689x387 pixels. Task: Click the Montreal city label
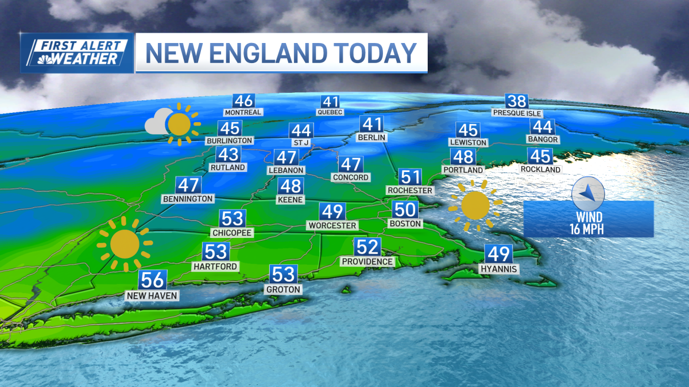[243, 112]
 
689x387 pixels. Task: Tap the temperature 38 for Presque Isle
[517, 101]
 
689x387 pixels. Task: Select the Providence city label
[367, 261]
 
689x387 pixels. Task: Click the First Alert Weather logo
[77, 53]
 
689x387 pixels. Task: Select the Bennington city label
[188, 198]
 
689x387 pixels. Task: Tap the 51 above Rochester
[410, 177]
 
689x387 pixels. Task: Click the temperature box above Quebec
[330, 102]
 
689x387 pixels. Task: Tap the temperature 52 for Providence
[367, 247]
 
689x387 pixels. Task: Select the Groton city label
[283, 290]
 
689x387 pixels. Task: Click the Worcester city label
[332, 225]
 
